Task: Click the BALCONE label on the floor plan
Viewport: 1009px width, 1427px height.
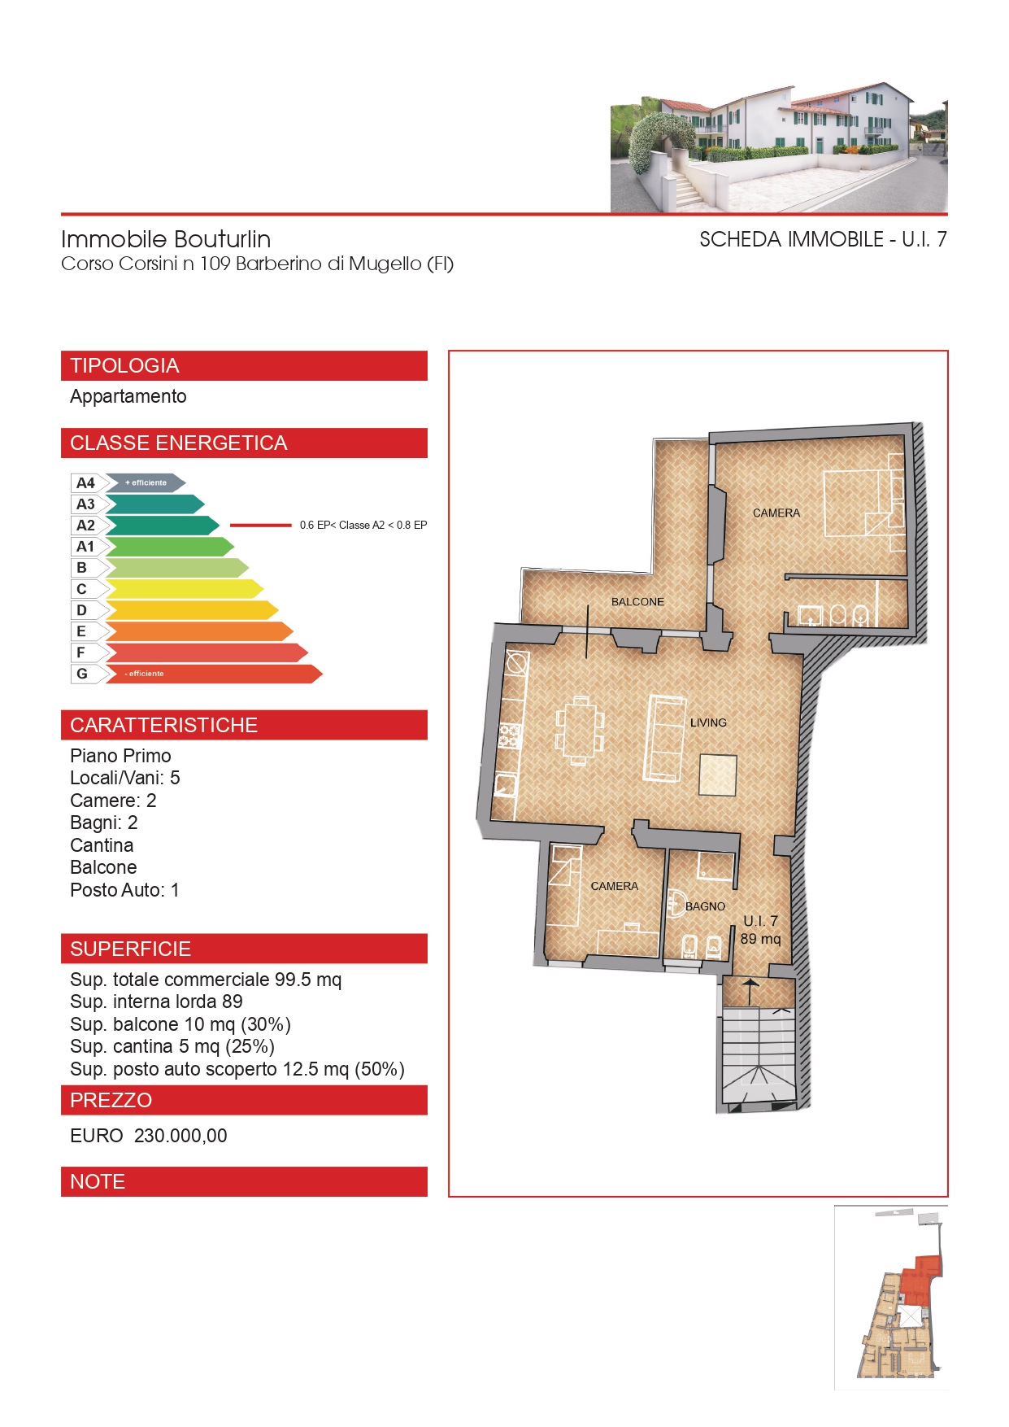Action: (x=637, y=602)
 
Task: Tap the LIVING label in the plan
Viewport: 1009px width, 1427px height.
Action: (x=708, y=722)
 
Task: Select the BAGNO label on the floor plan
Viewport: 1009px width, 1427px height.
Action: (x=705, y=906)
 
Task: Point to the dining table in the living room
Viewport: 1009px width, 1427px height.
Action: (x=580, y=731)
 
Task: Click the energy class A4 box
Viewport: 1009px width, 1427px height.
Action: (x=85, y=483)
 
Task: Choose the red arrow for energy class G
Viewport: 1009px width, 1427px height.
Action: (x=214, y=674)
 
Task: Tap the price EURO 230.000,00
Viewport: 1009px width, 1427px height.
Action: (x=149, y=1136)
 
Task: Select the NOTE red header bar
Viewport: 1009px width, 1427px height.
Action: (x=244, y=1182)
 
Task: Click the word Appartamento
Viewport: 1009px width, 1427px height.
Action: (x=128, y=397)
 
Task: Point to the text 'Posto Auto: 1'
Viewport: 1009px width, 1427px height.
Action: (x=124, y=890)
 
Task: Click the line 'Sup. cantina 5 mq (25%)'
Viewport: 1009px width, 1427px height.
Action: (x=172, y=1046)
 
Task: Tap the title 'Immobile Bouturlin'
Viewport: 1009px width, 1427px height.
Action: (x=166, y=239)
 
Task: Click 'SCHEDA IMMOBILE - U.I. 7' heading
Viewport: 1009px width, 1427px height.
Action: (x=823, y=239)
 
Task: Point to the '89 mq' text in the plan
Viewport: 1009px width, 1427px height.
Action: (x=760, y=939)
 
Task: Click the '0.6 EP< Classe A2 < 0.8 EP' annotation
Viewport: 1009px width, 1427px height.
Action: (x=363, y=526)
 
